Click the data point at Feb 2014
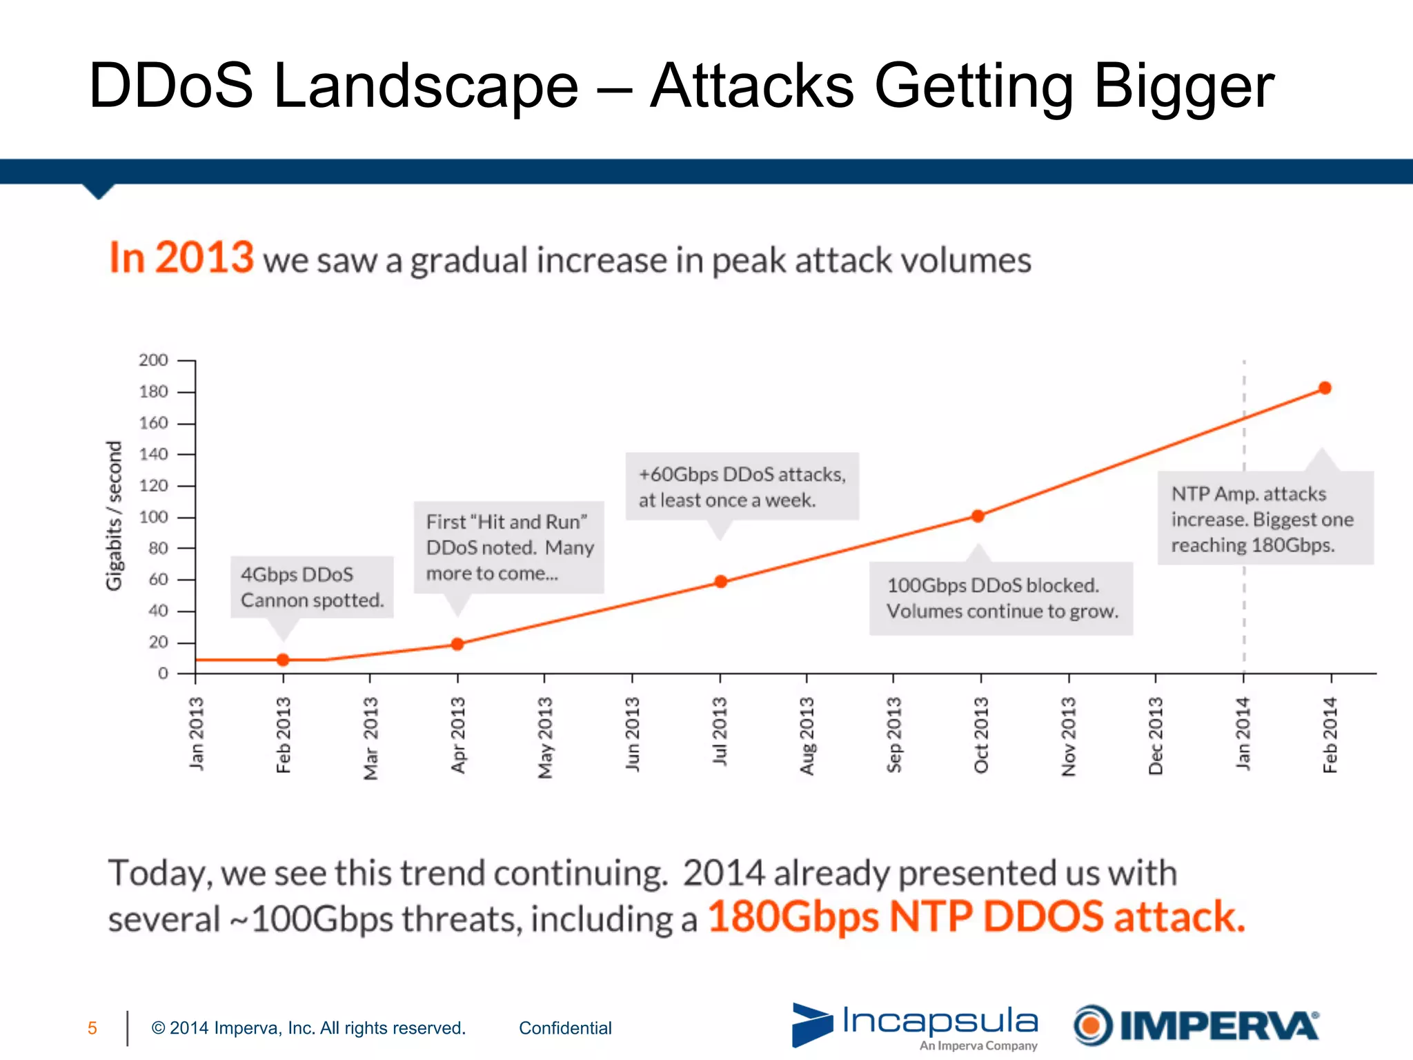pos(1325,388)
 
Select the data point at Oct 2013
pos(978,516)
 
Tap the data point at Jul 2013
pos(720,582)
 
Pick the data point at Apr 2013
pos(457,644)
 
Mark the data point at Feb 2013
pos(283,660)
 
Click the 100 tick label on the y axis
pos(153,517)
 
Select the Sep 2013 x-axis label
pos(894,735)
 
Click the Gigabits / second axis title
pos(114,516)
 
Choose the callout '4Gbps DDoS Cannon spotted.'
pos(312,587)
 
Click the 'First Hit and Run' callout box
pos(508,547)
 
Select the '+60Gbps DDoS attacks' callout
pos(742,487)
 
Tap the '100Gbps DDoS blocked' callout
pos(1000,598)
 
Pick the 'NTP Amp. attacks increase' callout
pos(1264,519)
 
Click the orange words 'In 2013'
pos(181,258)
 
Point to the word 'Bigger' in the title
pos(1183,86)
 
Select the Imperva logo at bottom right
pos(1196,1025)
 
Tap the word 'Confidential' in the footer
pos(565,1028)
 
